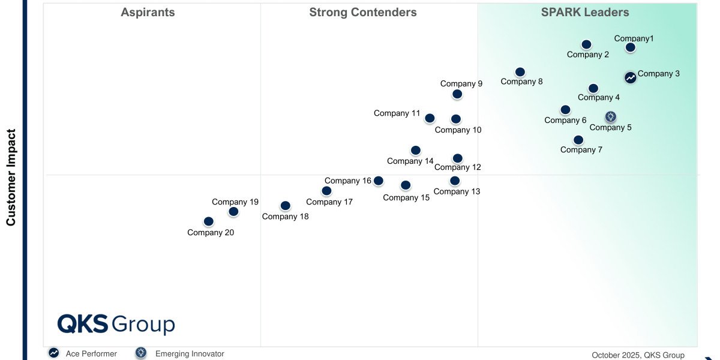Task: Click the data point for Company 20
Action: (208, 221)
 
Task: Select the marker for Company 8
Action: (520, 72)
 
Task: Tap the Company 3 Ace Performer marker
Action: (630, 77)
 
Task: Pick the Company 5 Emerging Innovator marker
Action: (610, 116)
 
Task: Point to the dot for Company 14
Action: (416, 150)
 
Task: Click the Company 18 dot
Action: (286, 206)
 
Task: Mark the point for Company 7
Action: (578, 140)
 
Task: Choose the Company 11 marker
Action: (430, 118)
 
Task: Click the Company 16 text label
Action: (348, 181)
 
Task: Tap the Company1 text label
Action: (634, 39)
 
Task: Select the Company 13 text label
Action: (457, 191)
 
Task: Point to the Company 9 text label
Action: (461, 84)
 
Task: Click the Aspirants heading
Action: (148, 12)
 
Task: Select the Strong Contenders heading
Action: (363, 12)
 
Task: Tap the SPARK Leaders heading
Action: (585, 12)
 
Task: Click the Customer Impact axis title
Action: (11, 178)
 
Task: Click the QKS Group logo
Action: (116, 324)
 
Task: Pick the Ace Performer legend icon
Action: (54, 353)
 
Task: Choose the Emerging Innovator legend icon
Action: (141, 353)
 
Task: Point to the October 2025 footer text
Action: (638, 355)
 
